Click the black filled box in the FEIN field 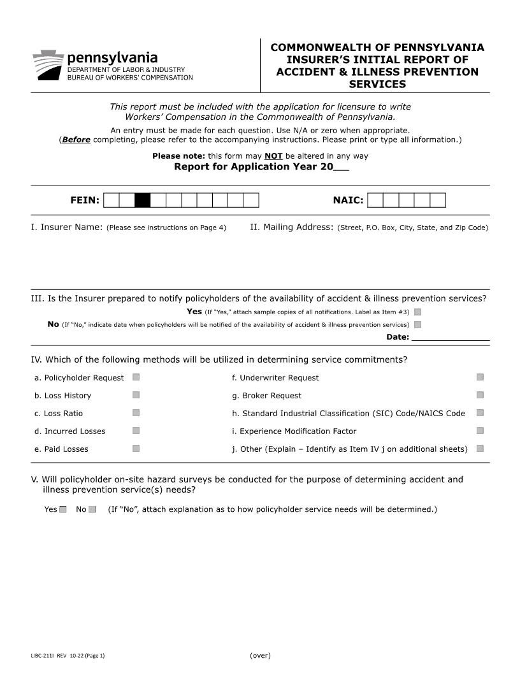[x=143, y=201]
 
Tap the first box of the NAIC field [x=376, y=201]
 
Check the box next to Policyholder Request [x=136, y=377]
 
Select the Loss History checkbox [x=136, y=395]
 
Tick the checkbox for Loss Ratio [x=136, y=413]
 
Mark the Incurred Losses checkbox [x=136, y=431]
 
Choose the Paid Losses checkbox [x=136, y=449]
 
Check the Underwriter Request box [x=480, y=377]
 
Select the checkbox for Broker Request [x=480, y=395]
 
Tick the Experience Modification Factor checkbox [x=480, y=431]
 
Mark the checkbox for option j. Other [x=480, y=449]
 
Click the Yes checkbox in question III [x=417, y=312]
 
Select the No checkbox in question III [x=417, y=325]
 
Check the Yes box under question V [x=63, y=509]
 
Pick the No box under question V [x=92, y=509]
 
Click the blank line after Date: [x=450, y=337]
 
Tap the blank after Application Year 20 [x=341, y=168]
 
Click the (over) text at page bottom [x=260, y=655]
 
